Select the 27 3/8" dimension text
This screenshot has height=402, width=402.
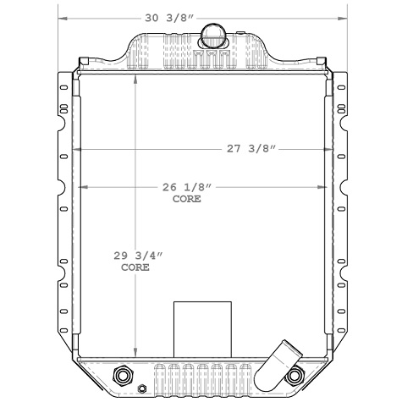(x=253, y=149)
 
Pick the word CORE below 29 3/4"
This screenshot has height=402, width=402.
(x=135, y=267)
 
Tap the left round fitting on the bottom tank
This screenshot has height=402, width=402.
(x=122, y=375)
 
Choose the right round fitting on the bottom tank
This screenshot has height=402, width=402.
(x=295, y=375)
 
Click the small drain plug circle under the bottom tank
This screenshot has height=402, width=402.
(x=142, y=390)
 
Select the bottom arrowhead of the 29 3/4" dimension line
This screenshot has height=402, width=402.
(x=135, y=355)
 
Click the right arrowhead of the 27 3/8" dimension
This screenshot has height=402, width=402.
(x=331, y=149)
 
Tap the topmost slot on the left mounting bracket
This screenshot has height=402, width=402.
(x=62, y=88)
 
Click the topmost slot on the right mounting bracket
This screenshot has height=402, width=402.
(x=341, y=88)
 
